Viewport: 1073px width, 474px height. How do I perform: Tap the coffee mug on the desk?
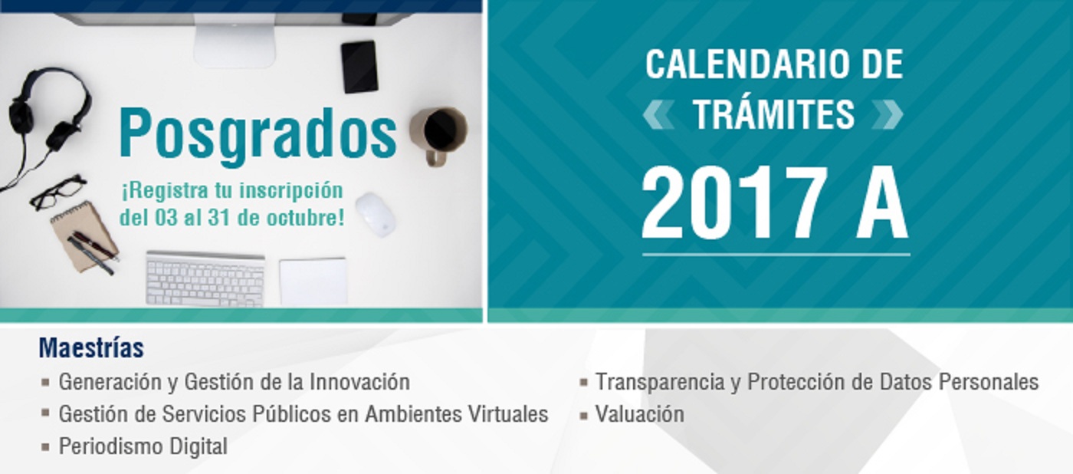tap(438, 135)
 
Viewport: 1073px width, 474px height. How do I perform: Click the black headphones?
tap(48, 111)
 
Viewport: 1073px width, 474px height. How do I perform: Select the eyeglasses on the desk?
tap(58, 191)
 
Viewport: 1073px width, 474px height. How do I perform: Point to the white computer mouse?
tap(376, 215)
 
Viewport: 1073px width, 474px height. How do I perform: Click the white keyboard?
tap(205, 279)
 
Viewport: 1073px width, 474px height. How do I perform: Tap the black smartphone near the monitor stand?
tap(359, 67)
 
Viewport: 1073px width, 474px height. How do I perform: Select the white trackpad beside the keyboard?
tap(313, 281)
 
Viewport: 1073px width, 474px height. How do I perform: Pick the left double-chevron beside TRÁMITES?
tap(658, 114)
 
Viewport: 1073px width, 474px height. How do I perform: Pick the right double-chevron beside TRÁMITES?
tap(888, 114)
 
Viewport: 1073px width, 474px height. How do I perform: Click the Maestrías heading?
tap(91, 348)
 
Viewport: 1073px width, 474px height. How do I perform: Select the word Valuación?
tap(639, 414)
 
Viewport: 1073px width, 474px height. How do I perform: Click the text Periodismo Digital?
tap(143, 446)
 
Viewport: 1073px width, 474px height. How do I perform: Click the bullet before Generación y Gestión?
tap(45, 383)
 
